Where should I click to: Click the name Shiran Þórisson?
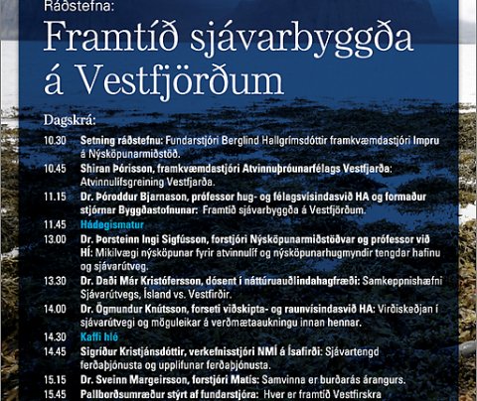118,168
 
